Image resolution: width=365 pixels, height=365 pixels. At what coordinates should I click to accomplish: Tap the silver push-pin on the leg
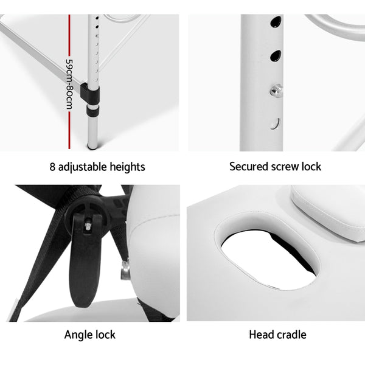pyautogui.click(x=277, y=90)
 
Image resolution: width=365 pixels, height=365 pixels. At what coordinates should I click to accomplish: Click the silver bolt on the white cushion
pyautogui.click(x=126, y=268)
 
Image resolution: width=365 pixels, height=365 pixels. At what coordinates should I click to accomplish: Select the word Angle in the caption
pyautogui.click(x=78, y=335)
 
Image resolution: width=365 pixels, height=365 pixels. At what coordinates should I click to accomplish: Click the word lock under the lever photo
pyautogui.click(x=105, y=335)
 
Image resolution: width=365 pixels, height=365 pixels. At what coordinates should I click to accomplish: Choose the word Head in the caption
pyautogui.click(x=261, y=335)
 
